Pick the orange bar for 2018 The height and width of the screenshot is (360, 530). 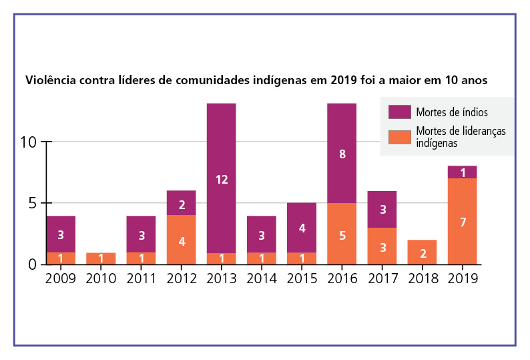422,252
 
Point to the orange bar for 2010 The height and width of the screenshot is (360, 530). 101,258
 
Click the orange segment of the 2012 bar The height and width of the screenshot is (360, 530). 181,239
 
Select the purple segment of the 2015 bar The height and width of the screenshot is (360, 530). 302,227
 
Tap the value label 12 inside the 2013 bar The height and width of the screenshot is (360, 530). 221,179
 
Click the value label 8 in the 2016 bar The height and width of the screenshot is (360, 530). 342,154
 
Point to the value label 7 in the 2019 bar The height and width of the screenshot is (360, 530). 462,221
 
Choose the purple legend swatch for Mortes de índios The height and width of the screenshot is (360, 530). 399,112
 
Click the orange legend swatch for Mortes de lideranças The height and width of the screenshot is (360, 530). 399,137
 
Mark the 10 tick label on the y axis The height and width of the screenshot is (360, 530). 28,142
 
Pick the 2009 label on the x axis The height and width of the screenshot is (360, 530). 61,279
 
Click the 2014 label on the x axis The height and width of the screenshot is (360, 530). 261,279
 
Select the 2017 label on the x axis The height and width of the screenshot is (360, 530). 382,279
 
